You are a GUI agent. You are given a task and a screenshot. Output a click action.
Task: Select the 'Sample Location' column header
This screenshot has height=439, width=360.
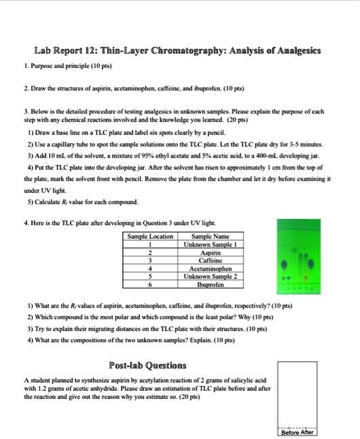click(x=151, y=236)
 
